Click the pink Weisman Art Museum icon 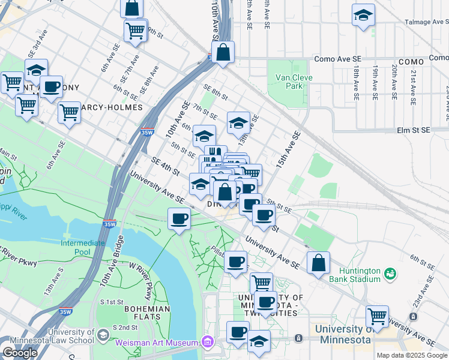(208, 342)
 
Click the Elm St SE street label (414, 130)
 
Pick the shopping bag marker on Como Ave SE (223, 53)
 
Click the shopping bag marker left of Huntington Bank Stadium (318, 263)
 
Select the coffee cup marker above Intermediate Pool (178, 219)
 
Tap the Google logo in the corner (20, 353)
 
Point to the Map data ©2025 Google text (412, 355)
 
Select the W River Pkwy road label (142, 284)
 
